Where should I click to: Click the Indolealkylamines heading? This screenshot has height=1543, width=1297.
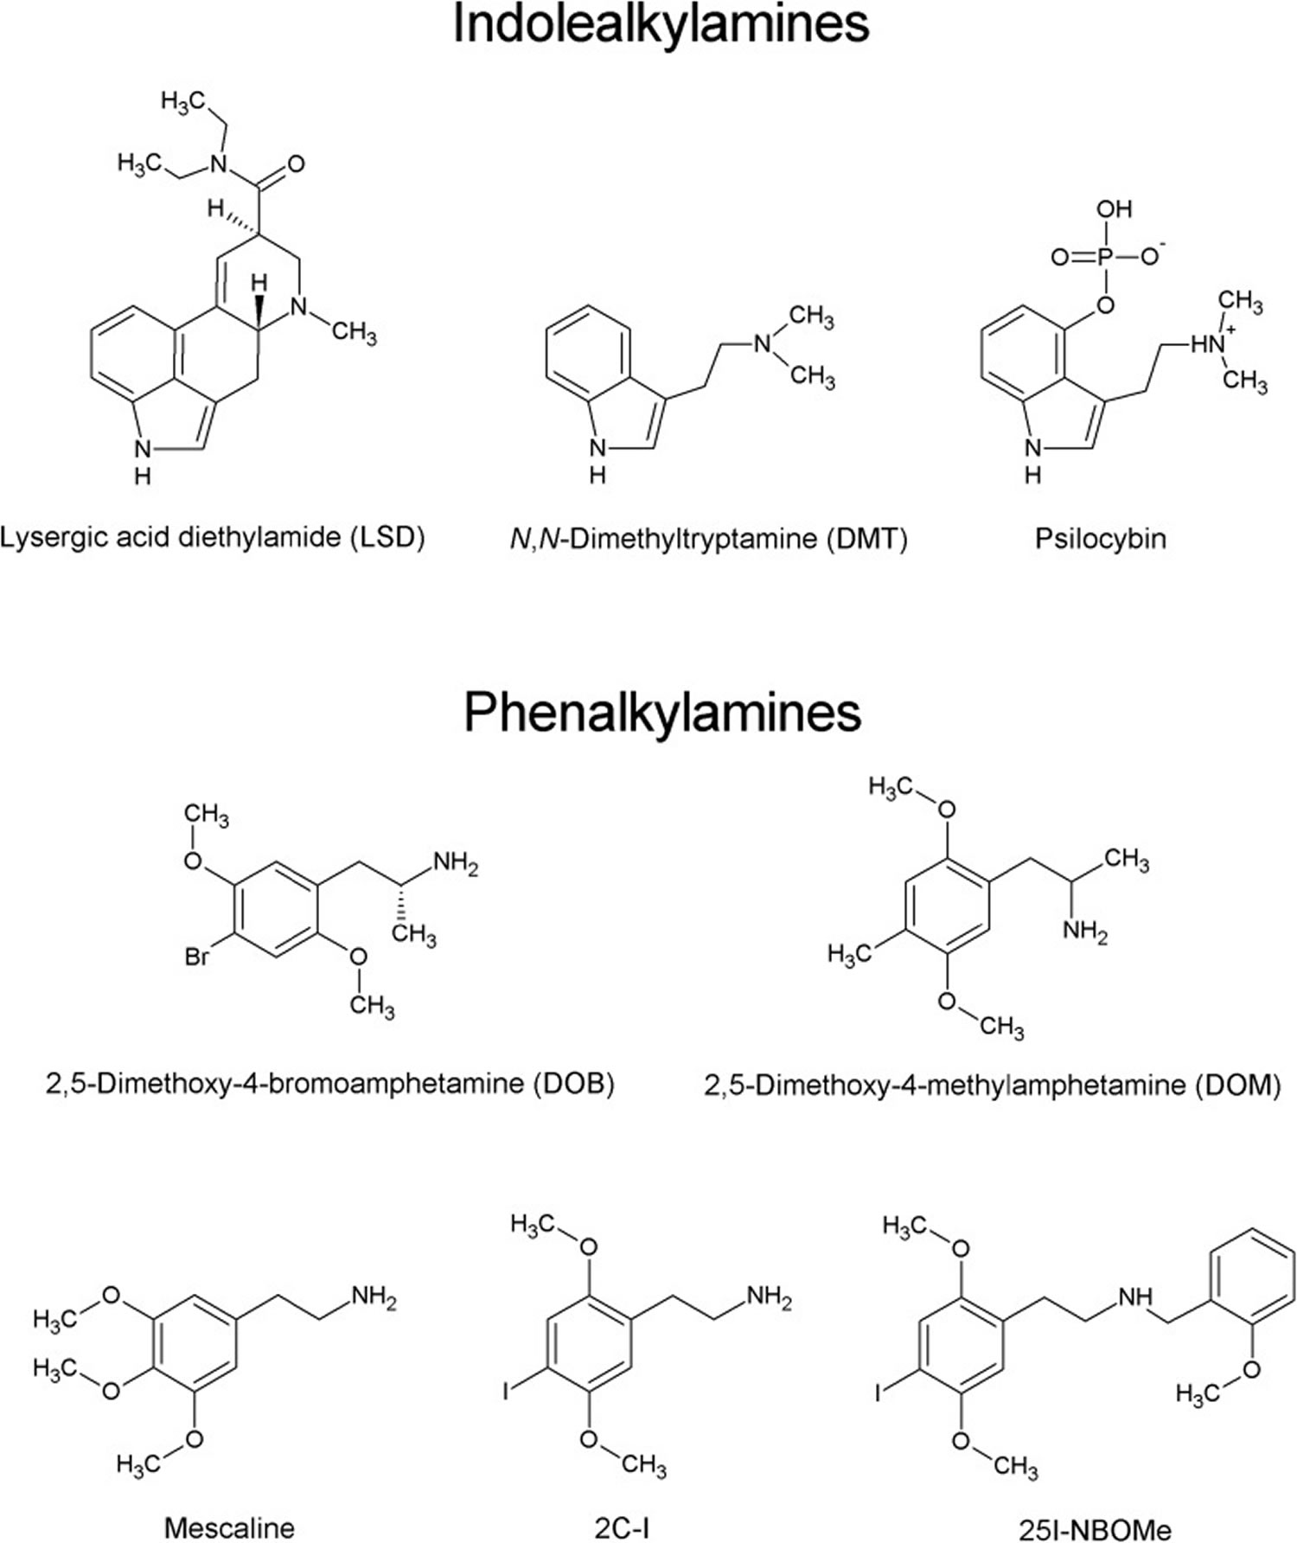point(661,24)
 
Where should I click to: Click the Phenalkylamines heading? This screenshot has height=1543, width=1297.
point(662,713)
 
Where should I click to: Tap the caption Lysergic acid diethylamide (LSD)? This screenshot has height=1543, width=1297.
point(213,538)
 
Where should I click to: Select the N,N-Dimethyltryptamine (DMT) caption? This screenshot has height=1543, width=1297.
point(709,539)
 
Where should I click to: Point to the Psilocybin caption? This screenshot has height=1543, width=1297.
point(1101,539)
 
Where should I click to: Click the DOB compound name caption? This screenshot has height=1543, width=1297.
point(329,1083)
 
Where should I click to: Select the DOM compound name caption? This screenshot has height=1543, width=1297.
point(993,1084)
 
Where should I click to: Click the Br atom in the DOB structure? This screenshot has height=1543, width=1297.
point(197,957)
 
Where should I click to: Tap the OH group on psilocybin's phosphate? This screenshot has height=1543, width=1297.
point(1115,209)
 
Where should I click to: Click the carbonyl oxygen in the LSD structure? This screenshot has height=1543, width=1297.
point(296,164)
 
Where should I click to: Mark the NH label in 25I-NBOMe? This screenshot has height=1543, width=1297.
point(1135,1297)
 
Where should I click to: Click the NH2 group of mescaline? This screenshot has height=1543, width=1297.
point(374,1297)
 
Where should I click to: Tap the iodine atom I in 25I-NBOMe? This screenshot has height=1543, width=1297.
point(879,1393)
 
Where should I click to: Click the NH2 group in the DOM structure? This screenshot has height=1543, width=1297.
point(1086,932)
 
